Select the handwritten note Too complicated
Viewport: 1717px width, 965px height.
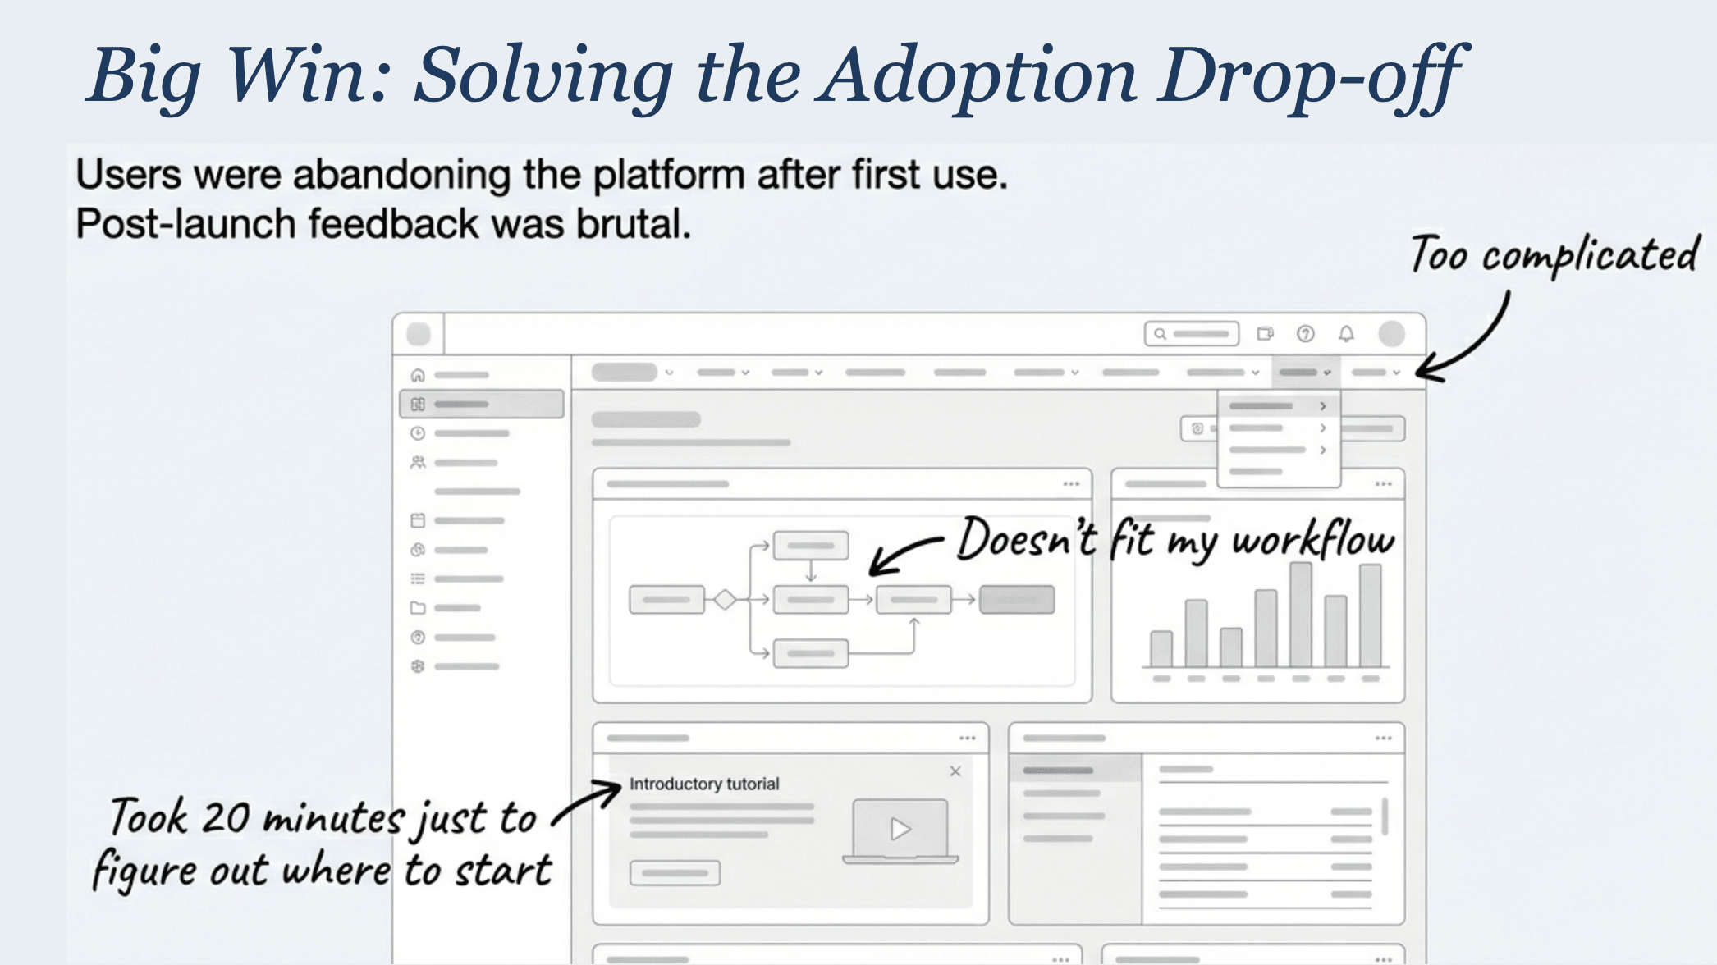tap(1554, 254)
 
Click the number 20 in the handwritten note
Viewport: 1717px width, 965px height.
tap(225, 818)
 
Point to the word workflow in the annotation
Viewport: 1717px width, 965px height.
tap(1312, 540)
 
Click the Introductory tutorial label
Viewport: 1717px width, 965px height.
tap(704, 784)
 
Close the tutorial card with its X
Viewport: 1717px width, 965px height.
tap(955, 771)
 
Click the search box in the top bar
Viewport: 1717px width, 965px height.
tap(1192, 334)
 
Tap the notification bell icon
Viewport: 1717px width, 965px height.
tap(1346, 334)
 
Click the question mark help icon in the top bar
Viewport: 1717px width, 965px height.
tap(1305, 334)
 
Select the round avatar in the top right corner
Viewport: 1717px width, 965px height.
tap(1391, 334)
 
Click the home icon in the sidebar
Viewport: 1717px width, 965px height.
tap(418, 375)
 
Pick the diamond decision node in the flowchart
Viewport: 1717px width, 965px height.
tap(725, 600)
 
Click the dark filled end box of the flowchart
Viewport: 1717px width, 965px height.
tap(1017, 600)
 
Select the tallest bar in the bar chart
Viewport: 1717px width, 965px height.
tap(1301, 615)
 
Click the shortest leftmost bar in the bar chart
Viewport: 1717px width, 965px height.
tap(1161, 649)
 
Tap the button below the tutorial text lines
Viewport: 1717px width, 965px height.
tap(675, 873)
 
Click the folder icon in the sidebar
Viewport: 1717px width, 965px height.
tap(418, 608)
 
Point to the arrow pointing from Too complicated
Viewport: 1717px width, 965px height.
tap(1477, 345)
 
